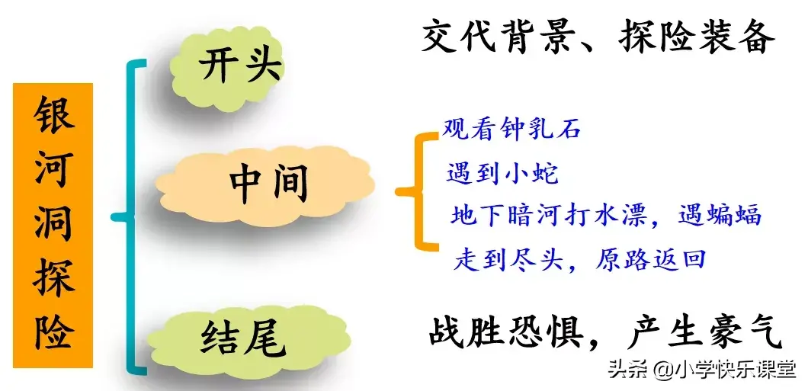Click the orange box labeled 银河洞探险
(53, 225)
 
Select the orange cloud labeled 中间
(265, 186)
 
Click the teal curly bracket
(129, 216)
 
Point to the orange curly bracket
(415, 191)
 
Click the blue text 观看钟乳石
(511, 130)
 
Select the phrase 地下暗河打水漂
(548, 216)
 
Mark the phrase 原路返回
(650, 259)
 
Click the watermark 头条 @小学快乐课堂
(702, 370)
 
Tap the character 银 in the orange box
(54, 114)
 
